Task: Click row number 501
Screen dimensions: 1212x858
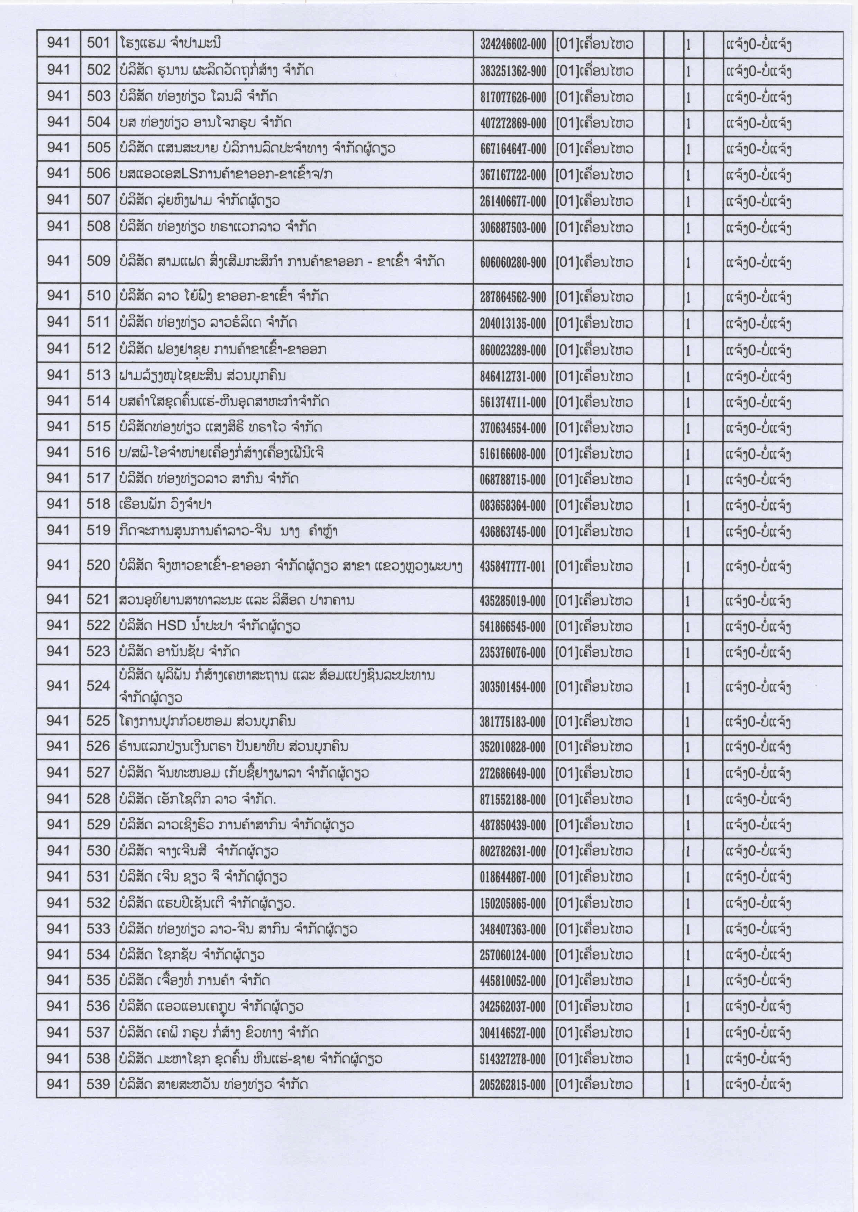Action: (98, 43)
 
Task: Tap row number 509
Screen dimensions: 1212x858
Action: (98, 261)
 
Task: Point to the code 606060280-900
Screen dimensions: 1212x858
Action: (512, 262)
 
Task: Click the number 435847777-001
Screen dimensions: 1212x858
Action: (512, 567)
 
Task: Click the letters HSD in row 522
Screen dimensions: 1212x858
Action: (172, 626)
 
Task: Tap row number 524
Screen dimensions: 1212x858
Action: (98, 686)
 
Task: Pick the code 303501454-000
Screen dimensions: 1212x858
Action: (512, 687)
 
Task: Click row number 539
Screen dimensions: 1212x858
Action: (98, 1084)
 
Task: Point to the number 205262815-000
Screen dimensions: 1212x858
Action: (512, 1085)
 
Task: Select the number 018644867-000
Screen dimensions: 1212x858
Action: (512, 878)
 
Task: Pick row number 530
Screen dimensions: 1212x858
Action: (98, 851)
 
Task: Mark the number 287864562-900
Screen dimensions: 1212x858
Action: (512, 297)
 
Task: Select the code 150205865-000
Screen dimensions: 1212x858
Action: (512, 904)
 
